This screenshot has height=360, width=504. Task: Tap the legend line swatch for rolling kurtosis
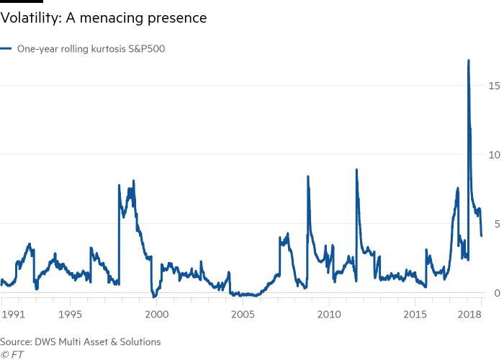(6, 49)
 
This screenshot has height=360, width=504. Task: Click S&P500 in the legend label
(147, 49)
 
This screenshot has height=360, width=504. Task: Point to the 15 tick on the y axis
(493, 86)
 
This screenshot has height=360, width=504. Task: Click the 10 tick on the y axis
(493, 155)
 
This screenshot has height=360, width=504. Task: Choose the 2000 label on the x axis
(156, 314)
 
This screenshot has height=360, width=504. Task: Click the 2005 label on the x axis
(243, 314)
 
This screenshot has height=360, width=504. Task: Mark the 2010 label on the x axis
(329, 314)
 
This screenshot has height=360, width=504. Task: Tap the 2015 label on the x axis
(415, 314)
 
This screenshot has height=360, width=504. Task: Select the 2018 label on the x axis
(469, 314)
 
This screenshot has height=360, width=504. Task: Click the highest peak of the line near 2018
(469, 60)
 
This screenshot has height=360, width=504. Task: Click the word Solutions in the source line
(140, 342)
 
